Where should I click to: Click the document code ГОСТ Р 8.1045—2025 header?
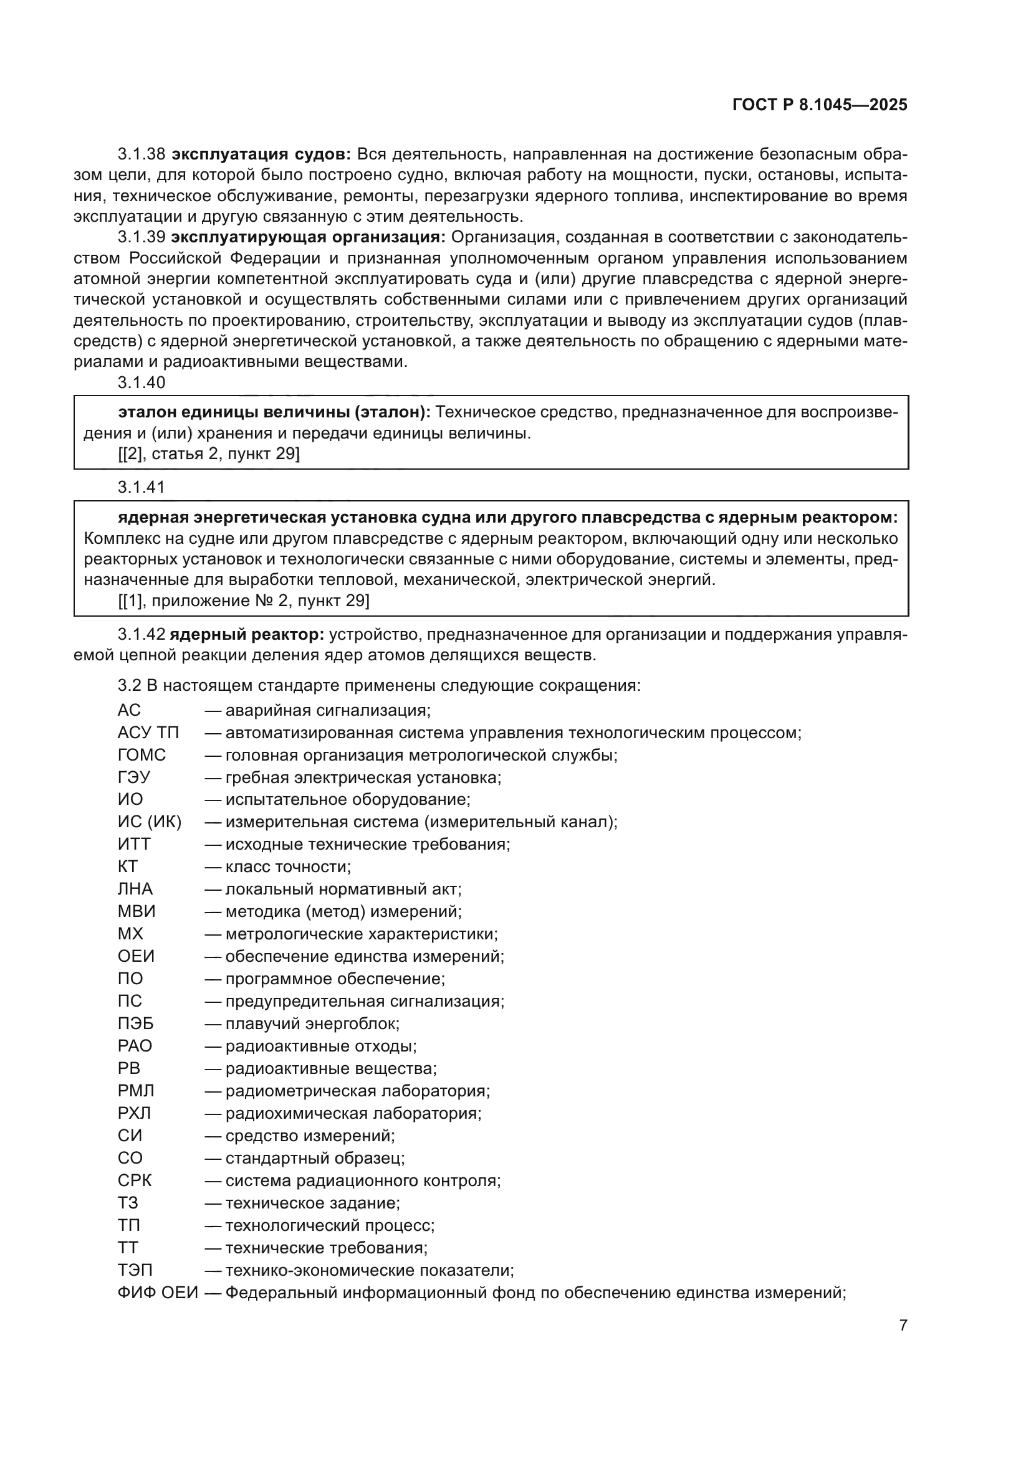click(820, 105)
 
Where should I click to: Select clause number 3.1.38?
click(141, 154)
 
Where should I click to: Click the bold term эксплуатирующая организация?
click(308, 237)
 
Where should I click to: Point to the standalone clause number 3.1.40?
click(141, 382)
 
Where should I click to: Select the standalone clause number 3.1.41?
click(141, 487)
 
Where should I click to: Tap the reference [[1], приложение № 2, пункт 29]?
click(243, 600)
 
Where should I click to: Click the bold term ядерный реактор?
click(247, 635)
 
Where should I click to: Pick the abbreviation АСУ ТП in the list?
click(148, 733)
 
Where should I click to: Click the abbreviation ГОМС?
click(141, 755)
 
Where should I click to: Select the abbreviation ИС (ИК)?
click(149, 822)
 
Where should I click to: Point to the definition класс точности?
click(287, 867)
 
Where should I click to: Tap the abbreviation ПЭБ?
click(135, 1023)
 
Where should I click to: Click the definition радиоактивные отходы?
click(320, 1046)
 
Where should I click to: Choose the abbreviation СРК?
click(135, 1181)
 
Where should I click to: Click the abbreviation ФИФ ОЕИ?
click(158, 1293)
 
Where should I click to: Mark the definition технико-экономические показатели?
click(369, 1270)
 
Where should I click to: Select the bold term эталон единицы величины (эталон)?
click(274, 413)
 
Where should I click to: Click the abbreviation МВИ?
click(137, 912)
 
